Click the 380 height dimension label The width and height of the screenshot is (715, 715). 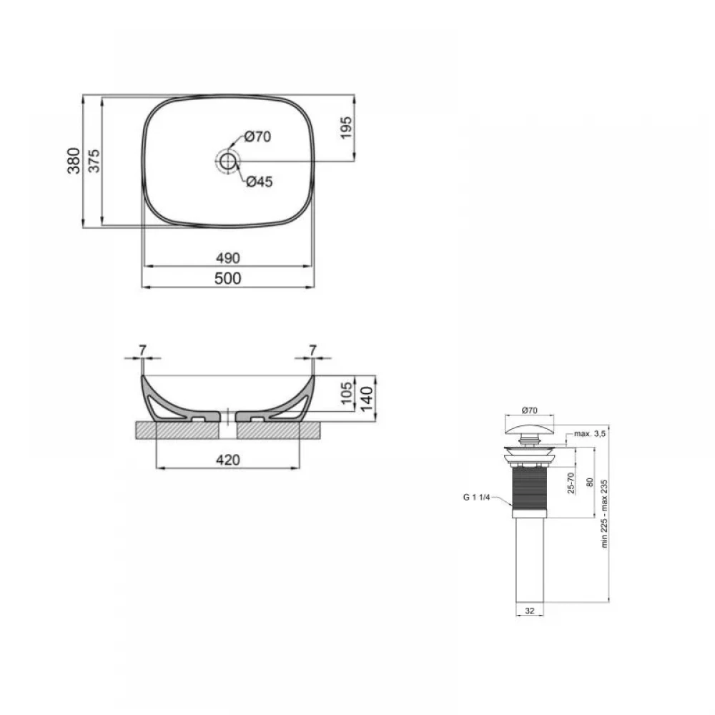tap(74, 160)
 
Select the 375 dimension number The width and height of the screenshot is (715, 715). tap(94, 160)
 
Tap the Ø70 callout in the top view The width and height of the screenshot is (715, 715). tap(257, 137)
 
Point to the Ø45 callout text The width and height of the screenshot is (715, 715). tap(259, 182)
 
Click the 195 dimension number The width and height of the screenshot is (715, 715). tap(346, 128)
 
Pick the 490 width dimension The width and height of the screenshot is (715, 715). tap(228, 258)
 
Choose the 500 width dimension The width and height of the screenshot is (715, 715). tap(228, 278)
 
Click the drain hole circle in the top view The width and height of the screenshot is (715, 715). tap(227, 160)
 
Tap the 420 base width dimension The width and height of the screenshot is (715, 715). tap(228, 460)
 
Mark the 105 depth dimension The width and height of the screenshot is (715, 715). tap(347, 393)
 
